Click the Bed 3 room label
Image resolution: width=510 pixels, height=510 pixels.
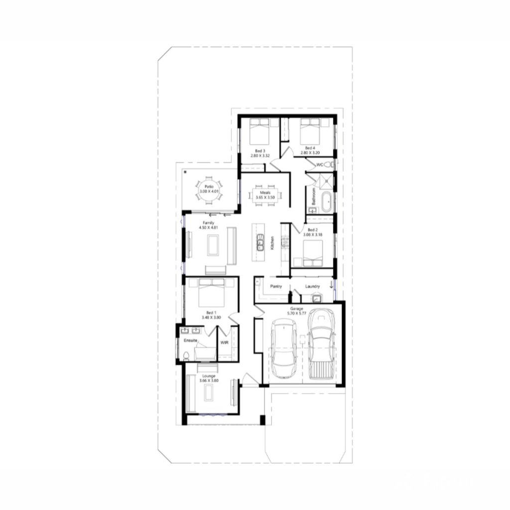[260, 151]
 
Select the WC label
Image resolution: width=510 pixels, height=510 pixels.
[320, 164]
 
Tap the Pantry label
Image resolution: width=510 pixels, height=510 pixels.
[276, 287]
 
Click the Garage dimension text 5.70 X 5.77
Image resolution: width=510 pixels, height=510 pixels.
[297, 313]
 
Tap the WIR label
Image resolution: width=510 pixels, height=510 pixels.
[224, 343]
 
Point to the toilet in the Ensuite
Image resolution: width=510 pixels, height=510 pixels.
[185, 355]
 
